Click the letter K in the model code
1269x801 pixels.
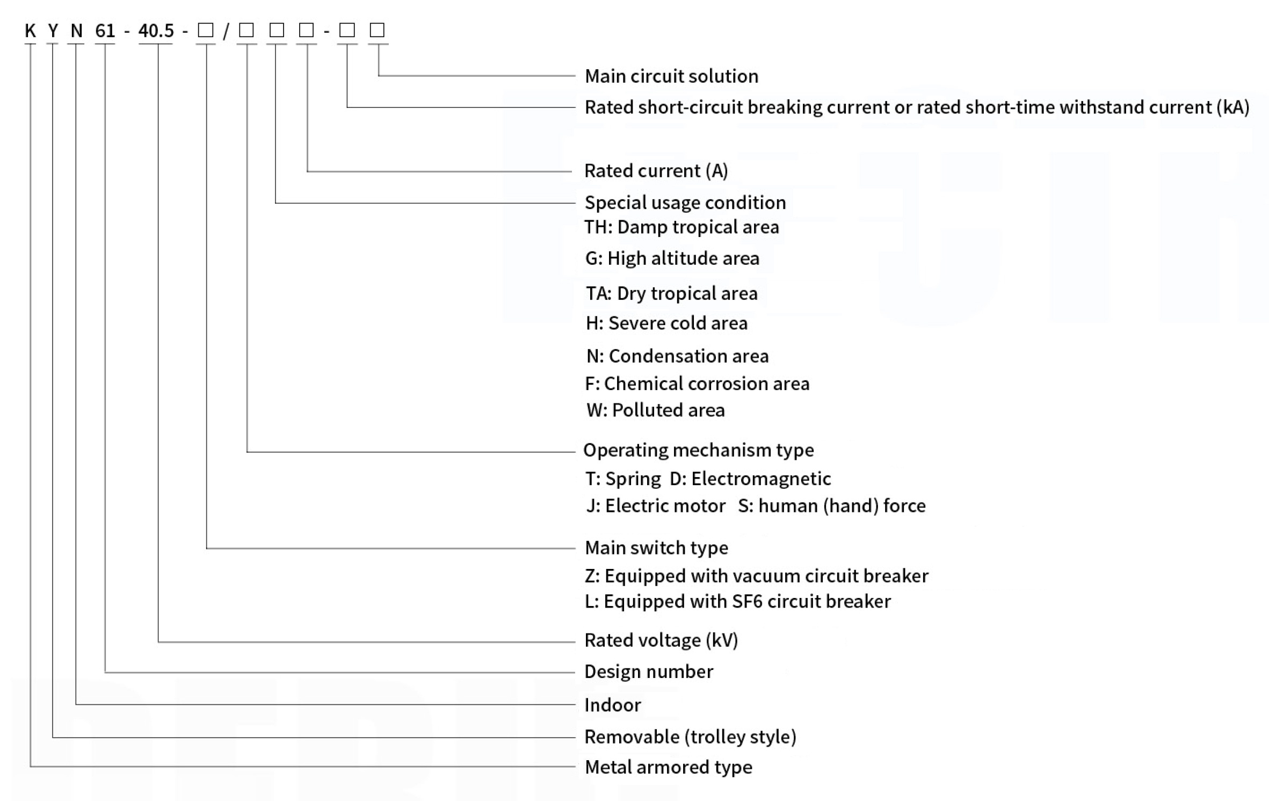tap(30, 31)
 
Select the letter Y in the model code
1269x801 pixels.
tap(53, 31)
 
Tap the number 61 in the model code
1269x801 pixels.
tap(105, 31)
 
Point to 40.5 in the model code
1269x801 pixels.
tap(156, 31)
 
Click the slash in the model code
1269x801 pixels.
tap(226, 31)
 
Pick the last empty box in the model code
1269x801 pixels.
tap(377, 30)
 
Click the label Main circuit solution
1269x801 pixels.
tap(671, 76)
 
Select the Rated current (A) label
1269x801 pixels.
tap(656, 171)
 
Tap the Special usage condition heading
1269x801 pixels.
tap(685, 203)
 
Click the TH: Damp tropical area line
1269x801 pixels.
tap(681, 227)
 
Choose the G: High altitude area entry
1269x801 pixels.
tap(672, 258)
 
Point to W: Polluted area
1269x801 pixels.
tap(656, 410)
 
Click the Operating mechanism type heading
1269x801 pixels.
tap(699, 450)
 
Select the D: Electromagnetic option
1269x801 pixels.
tap(750, 479)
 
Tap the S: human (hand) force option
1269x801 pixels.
tap(832, 506)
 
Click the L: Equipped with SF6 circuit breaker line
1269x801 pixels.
tap(737, 601)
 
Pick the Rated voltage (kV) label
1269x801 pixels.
tap(661, 640)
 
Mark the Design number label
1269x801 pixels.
tap(649, 672)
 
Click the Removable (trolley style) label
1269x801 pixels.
tap(690, 737)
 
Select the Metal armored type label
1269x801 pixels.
tap(669, 767)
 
